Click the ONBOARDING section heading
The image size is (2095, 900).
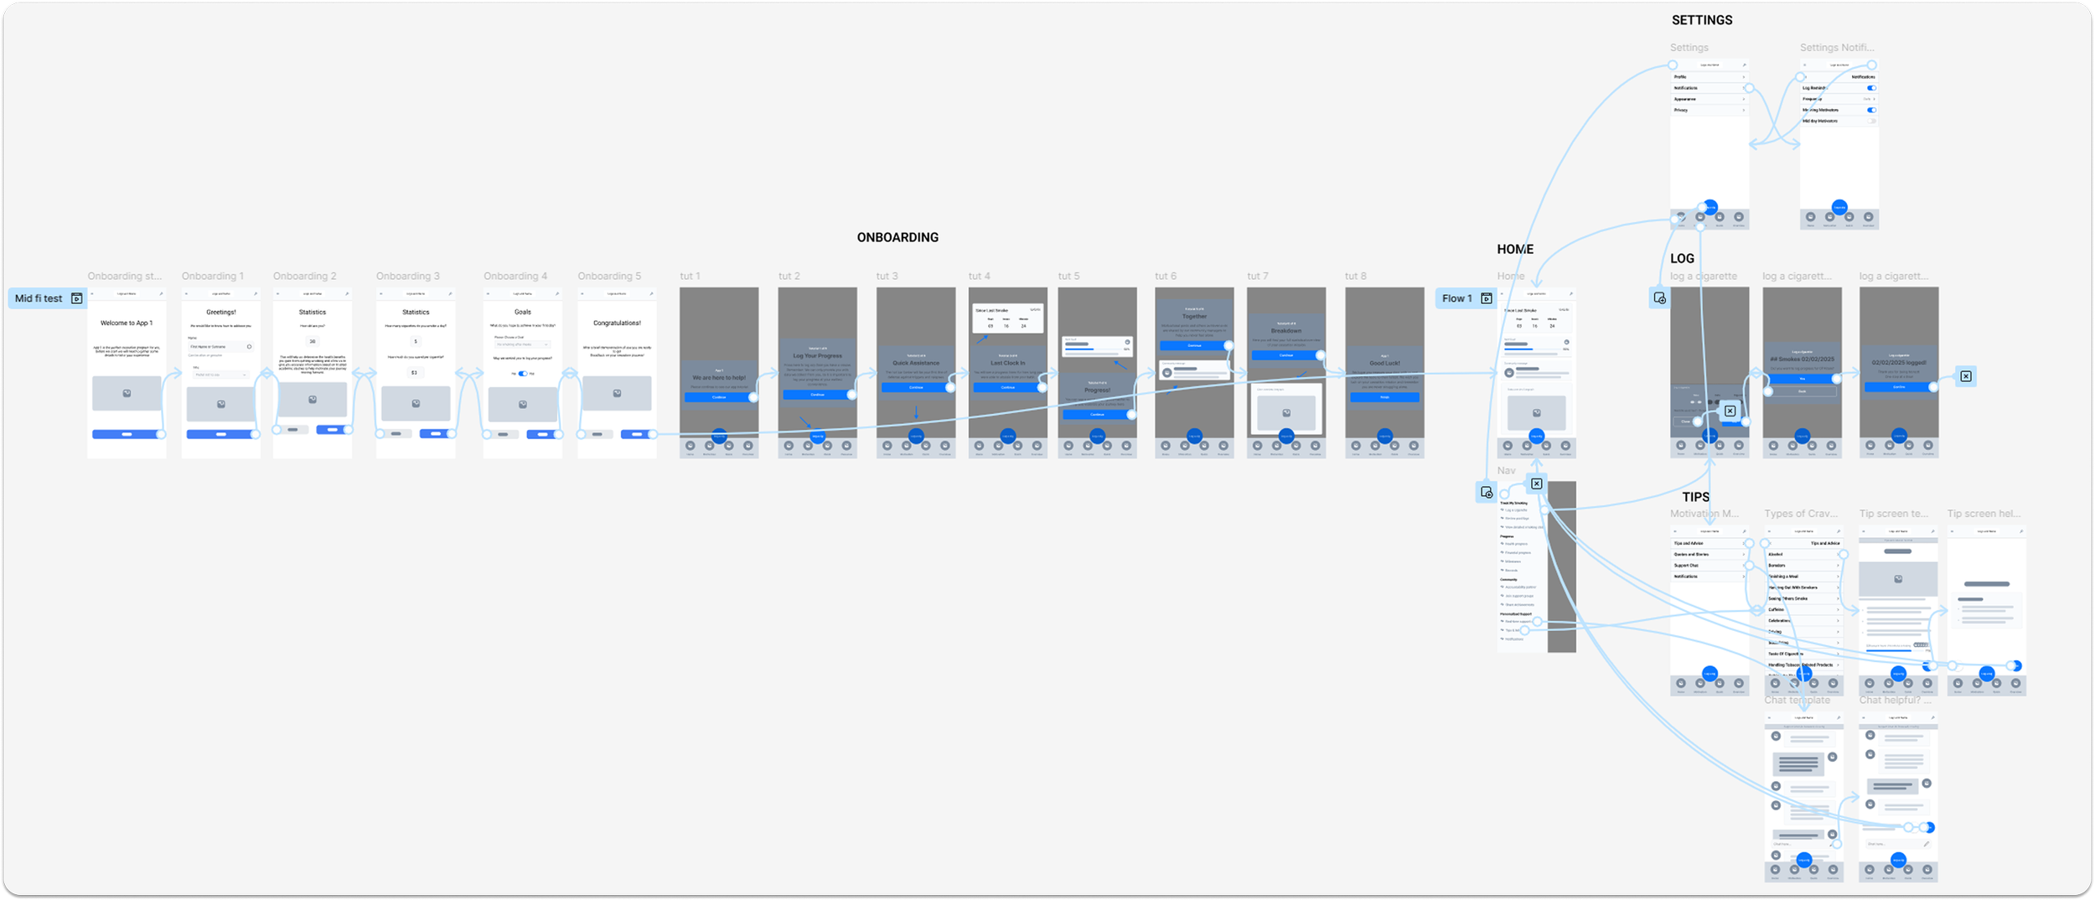tap(897, 237)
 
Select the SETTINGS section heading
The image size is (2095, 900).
tap(1701, 20)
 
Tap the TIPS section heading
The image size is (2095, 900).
tap(1695, 497)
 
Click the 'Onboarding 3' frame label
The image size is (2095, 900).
tap(407, 276)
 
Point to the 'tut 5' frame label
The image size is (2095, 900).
tap(1068, 276)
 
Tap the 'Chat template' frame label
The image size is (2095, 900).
tap(1797, 700)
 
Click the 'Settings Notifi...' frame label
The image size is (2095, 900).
tap(1837, 48)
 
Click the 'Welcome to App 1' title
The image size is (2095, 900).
tap(127, 323)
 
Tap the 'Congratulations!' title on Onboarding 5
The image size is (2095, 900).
tap(617, 323)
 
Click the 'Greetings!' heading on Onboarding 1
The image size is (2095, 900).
tap(221, 312)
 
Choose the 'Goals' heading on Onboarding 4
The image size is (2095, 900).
tap(522, 312)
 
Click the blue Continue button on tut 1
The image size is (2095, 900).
tap(718, 397)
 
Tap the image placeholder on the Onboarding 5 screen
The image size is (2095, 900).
tap(617, 393)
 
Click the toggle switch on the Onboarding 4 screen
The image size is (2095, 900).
tap(522, 374)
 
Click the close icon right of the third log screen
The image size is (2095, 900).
tap(1966, 376)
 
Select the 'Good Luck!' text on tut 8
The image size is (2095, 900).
tap(1384, 363)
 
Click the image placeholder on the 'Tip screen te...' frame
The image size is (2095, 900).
tap(1898, 579)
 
